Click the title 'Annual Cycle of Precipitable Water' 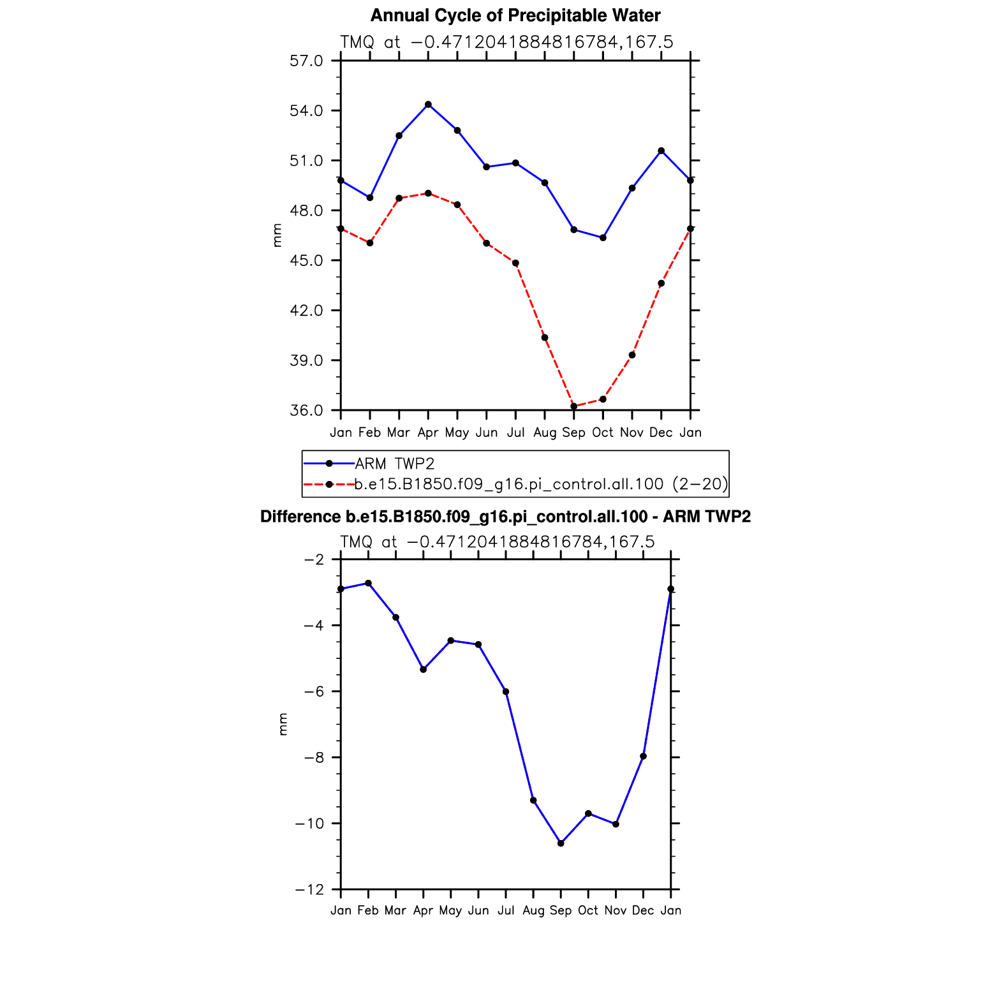coord(515,15)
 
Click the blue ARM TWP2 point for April coord(428,105)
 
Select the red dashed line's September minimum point coord(573,406)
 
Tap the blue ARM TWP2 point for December coord(661,151)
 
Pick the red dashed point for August coord(545,337)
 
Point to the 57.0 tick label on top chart coord(306,61)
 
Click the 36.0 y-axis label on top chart coord(306,410)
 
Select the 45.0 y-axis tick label coord(306,260)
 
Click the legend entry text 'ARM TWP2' coord(394,464)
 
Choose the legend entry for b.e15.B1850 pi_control coord(541,484)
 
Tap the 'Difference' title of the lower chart coord(505,517)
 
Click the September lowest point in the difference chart coord(561,843)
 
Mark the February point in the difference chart coord(368,583)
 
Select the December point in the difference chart coord(643,757)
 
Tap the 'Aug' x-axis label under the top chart coord(545,432)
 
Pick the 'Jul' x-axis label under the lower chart coord(506,910)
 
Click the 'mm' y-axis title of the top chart coord(277,235)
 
